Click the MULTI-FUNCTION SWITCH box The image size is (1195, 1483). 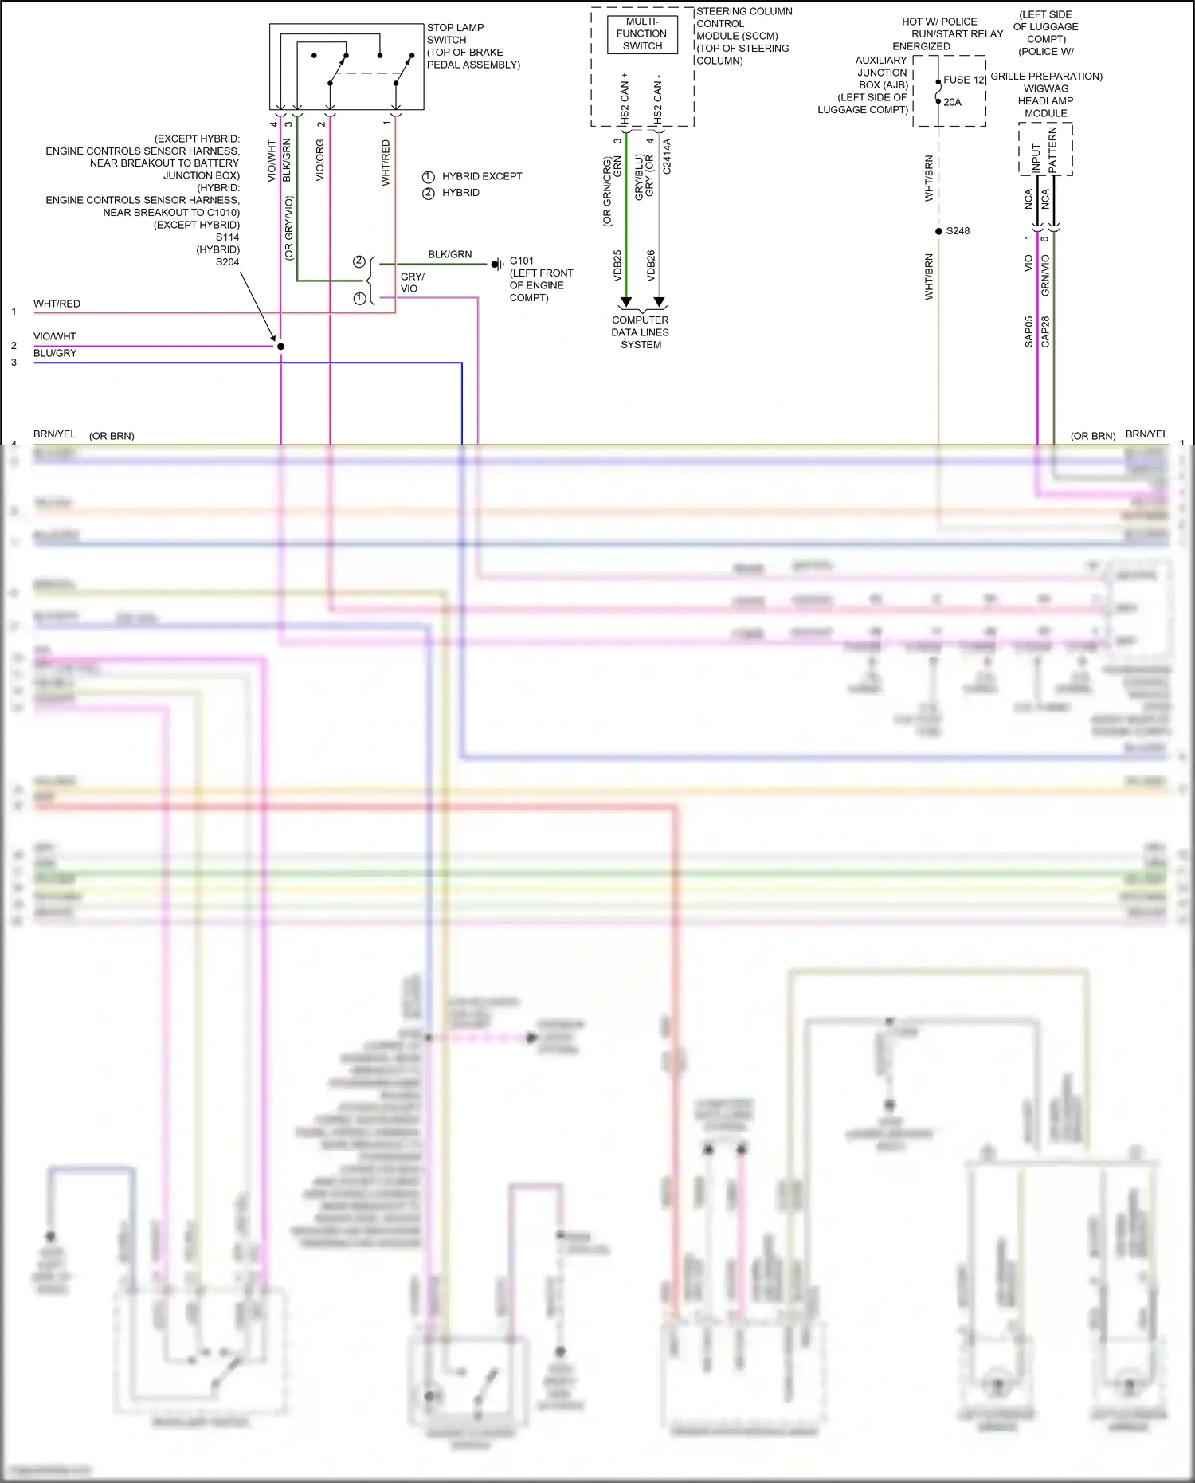pyautogui.click(x=642, y=34)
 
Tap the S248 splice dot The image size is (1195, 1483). pyautogui.click(x=938, y=231)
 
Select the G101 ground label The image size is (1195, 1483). pyautogui.click(x=522, y=261)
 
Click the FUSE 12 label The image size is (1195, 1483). pyautogui.click(x=964, y=80)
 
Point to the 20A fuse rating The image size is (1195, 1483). pyautogui.click(x=952, y=102)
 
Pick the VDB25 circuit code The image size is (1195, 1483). pyautogui.click(x=617, y=265)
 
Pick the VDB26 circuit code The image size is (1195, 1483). pyautogui.click(x=651, y=265)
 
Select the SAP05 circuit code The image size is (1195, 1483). pyautogui.click(x=1028, y=332)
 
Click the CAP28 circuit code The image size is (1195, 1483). pyautogui.click(x=1045, y=332)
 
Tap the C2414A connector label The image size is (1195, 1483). pyautogui.click(x=667, y=156)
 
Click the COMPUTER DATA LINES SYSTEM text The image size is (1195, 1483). pyautogui.click(x=641, y=332)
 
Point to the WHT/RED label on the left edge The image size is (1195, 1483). pyautogui.click(x=57, y=304)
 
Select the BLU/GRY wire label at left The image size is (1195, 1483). pyautogui.click(x=55, y=353)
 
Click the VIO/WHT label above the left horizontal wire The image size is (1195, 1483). pyautogui.click(x=55, y=336)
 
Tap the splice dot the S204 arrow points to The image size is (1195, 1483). pyautogui.click(x=280, y=347)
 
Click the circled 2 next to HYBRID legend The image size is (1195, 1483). pyautogui.click(x=429, y=193)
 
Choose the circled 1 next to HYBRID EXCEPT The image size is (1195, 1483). pyautogui.click(x=429, y=176)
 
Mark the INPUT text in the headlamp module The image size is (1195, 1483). pyautogui.click(x=1036, y=157)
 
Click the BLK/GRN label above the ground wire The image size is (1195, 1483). pyautogui.click(x=449, y=254)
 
